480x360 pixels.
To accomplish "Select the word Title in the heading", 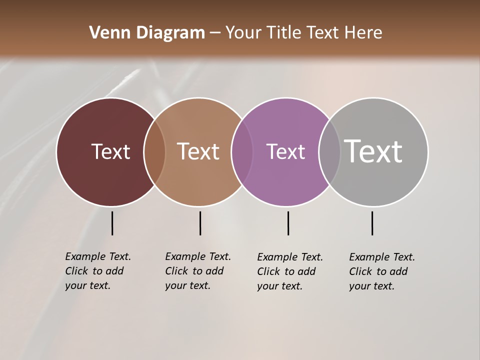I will [x=284, y=33].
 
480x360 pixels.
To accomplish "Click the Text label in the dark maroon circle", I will [x=110, y=151].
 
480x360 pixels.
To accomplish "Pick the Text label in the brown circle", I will [x=198, y=151].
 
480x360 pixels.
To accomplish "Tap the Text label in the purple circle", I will [x=285, y=151].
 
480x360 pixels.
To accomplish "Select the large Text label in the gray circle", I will [x=373, y=151].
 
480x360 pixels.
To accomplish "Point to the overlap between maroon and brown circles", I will [x=154, y=152].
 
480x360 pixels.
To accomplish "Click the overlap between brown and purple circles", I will [x=242, y=152].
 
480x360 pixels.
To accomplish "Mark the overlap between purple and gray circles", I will [x=329, y=152].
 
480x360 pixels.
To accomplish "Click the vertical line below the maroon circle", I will [x=112, y=223].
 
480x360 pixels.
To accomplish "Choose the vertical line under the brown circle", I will [x=200, y=223].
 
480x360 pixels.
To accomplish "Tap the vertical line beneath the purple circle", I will [x=288, y=223].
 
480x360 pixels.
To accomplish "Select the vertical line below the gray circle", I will [x=372, y=223].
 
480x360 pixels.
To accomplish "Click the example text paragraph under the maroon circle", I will [x=97, y=271].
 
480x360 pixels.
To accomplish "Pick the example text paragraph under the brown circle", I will [x=197, y=271].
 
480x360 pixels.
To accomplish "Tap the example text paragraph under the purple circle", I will [x=289, y=271].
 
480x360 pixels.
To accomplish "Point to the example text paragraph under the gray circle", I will [x=381, y=271].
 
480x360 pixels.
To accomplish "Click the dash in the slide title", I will [x=215, y=33].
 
